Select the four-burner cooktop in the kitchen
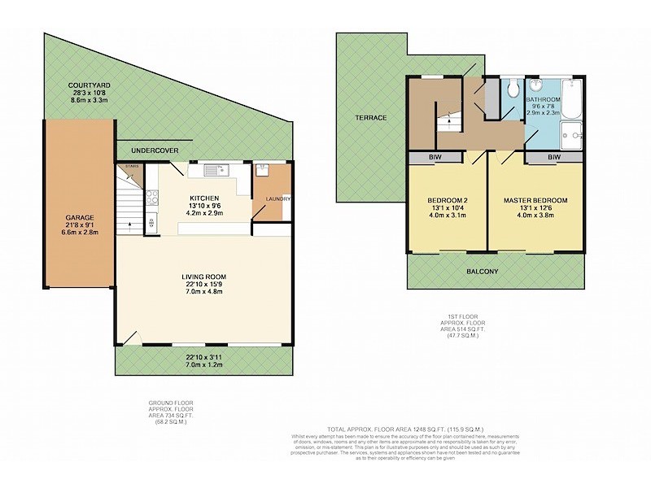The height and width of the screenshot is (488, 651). (x=151, y=198)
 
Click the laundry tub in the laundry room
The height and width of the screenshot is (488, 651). (x=262, y=171)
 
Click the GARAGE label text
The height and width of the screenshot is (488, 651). (x=80, y=218)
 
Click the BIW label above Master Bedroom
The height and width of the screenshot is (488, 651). (x=553, y=157)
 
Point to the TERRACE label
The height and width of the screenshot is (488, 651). (x=370, y=118)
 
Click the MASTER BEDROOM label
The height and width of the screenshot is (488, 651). (x=535, y=200)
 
